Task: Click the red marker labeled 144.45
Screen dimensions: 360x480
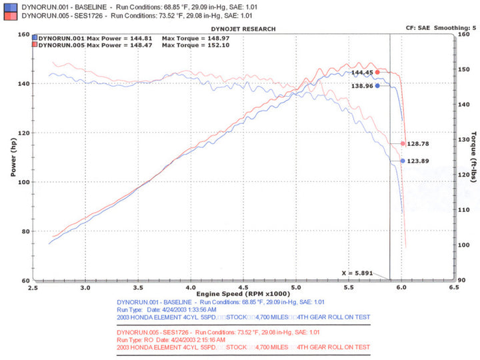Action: pos(377,72)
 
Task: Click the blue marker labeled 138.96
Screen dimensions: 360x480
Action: pos(377,85)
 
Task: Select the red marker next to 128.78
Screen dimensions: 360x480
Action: pos(403,143)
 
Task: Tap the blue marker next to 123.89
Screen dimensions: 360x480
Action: pos(403,161)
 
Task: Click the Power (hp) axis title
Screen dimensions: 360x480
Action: pos(13,157)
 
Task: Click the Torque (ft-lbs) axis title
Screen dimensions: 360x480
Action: pos(472,157)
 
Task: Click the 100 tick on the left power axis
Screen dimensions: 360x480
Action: pos(25,182)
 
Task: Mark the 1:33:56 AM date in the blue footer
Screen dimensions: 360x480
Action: pos(193,310)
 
